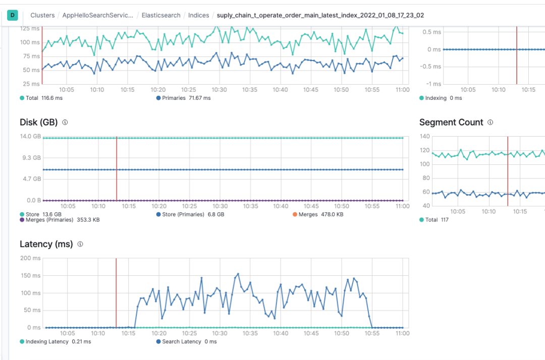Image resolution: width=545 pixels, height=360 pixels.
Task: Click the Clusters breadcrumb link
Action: pos(42,15)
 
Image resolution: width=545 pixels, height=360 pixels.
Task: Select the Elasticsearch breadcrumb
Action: pos(161,15)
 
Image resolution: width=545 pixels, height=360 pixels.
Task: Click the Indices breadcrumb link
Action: pos(198,15)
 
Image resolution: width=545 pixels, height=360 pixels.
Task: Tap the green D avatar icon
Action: pos(13,15)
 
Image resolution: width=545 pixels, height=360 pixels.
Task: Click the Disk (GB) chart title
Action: pos(38,123)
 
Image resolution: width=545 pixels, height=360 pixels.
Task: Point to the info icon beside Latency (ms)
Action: pos(80,245)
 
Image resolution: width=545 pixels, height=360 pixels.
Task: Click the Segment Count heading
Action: pos(451,123)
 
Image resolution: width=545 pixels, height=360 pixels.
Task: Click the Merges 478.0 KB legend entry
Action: pos(318,214)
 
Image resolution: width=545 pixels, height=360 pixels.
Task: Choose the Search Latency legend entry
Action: pos(186,341)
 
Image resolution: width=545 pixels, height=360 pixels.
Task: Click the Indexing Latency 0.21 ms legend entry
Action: pos(56,341)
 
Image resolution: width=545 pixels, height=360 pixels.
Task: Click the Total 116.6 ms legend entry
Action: pos(41,98)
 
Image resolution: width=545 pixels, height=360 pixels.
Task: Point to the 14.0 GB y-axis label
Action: pos(30,137)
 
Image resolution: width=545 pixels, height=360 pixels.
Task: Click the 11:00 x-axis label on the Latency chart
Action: pos(402,333)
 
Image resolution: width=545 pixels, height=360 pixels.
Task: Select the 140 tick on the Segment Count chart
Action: pos(424,137)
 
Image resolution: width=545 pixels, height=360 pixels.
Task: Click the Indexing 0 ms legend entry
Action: pos(441,98)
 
